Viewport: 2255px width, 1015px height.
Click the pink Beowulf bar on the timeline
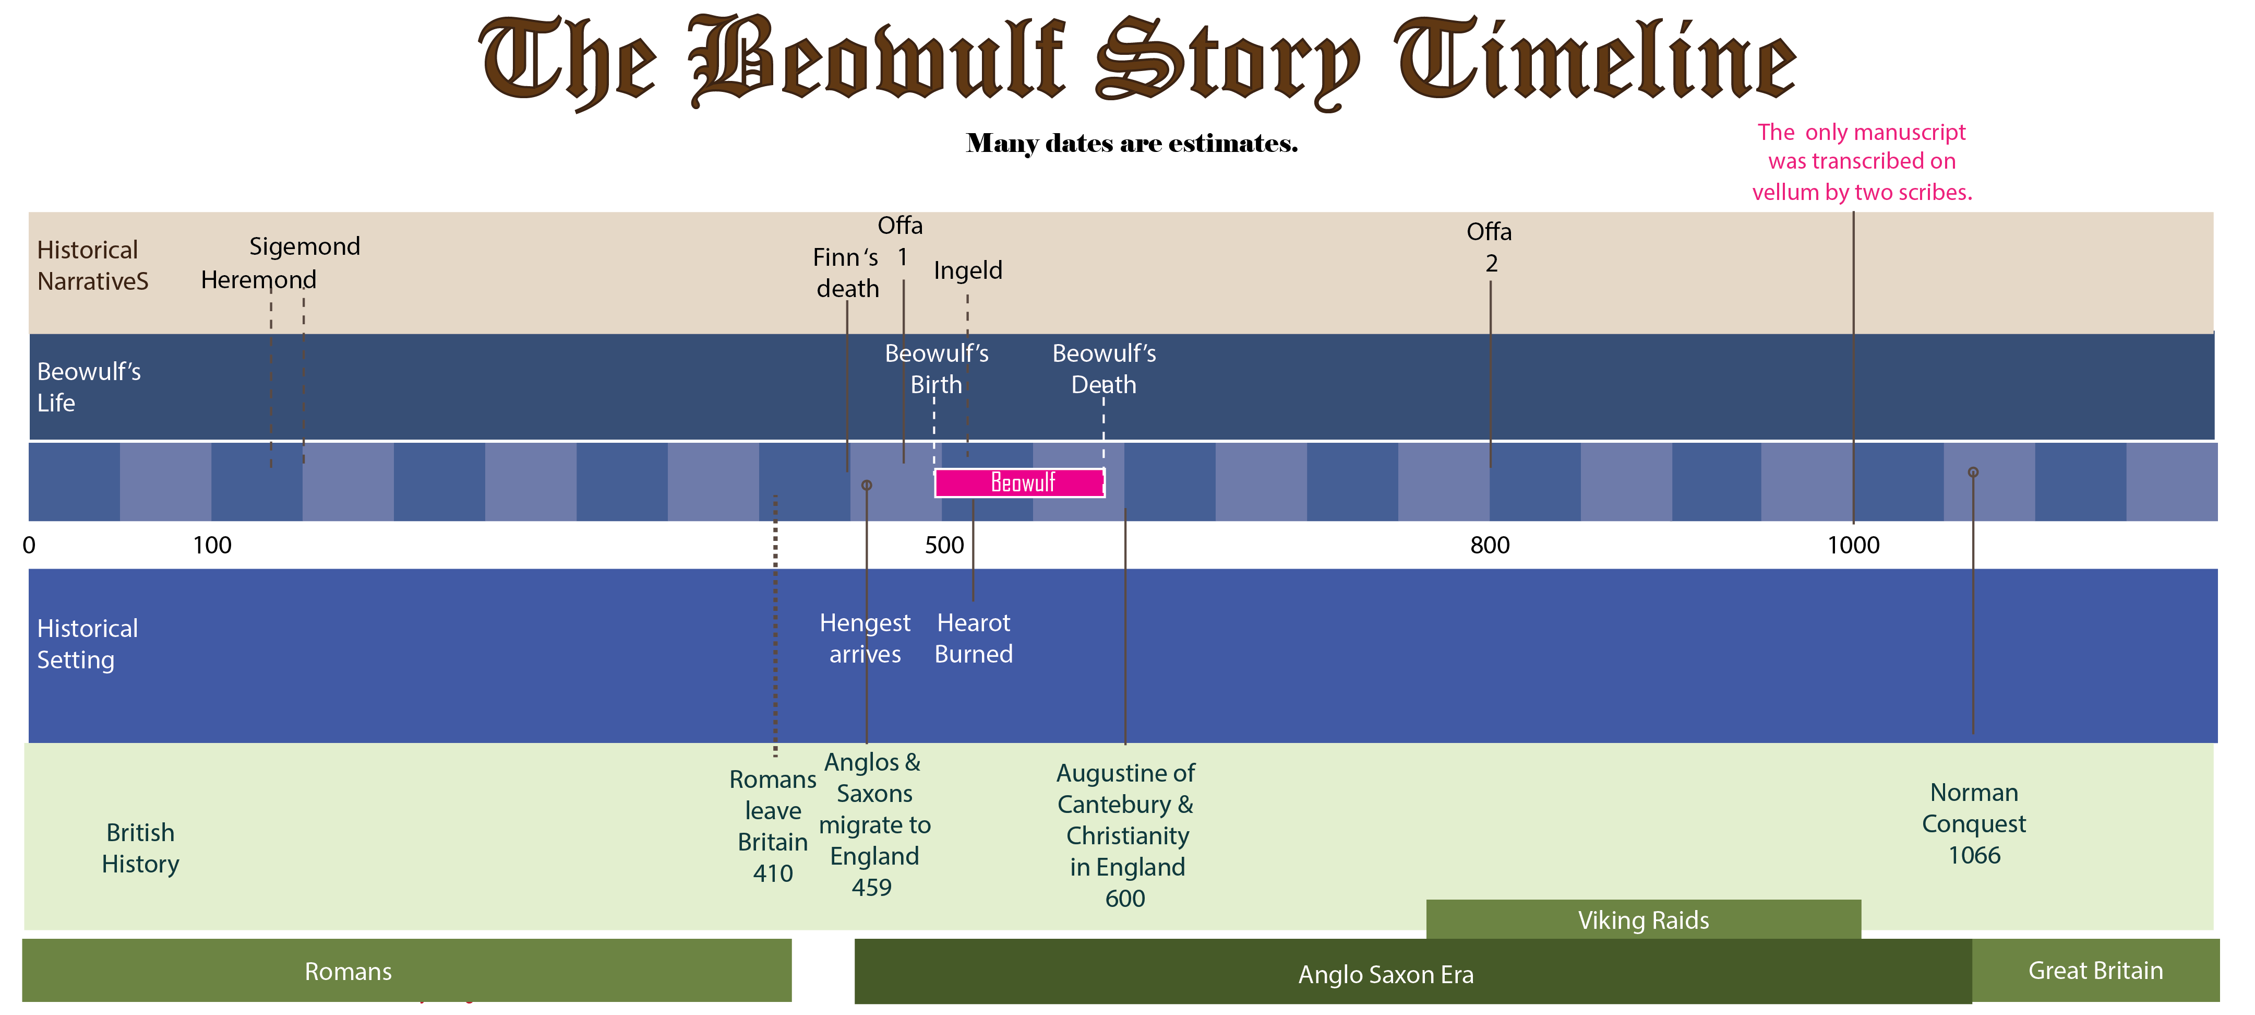[1020, 482]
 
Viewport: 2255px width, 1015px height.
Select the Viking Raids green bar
[1642, 919]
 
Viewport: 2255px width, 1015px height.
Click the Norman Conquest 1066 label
[1973, 823]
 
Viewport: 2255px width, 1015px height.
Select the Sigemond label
[305, 246]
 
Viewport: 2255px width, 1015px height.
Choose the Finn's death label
[846, 273]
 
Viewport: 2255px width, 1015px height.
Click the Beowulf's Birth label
[936, 369]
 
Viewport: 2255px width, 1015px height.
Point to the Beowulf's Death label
[1104, 369]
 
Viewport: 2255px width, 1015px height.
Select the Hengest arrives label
[865, 639]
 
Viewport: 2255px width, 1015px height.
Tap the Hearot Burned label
[974, 639]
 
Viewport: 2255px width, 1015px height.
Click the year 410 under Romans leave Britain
[773, 873]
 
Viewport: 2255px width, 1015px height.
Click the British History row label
[140, 848]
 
